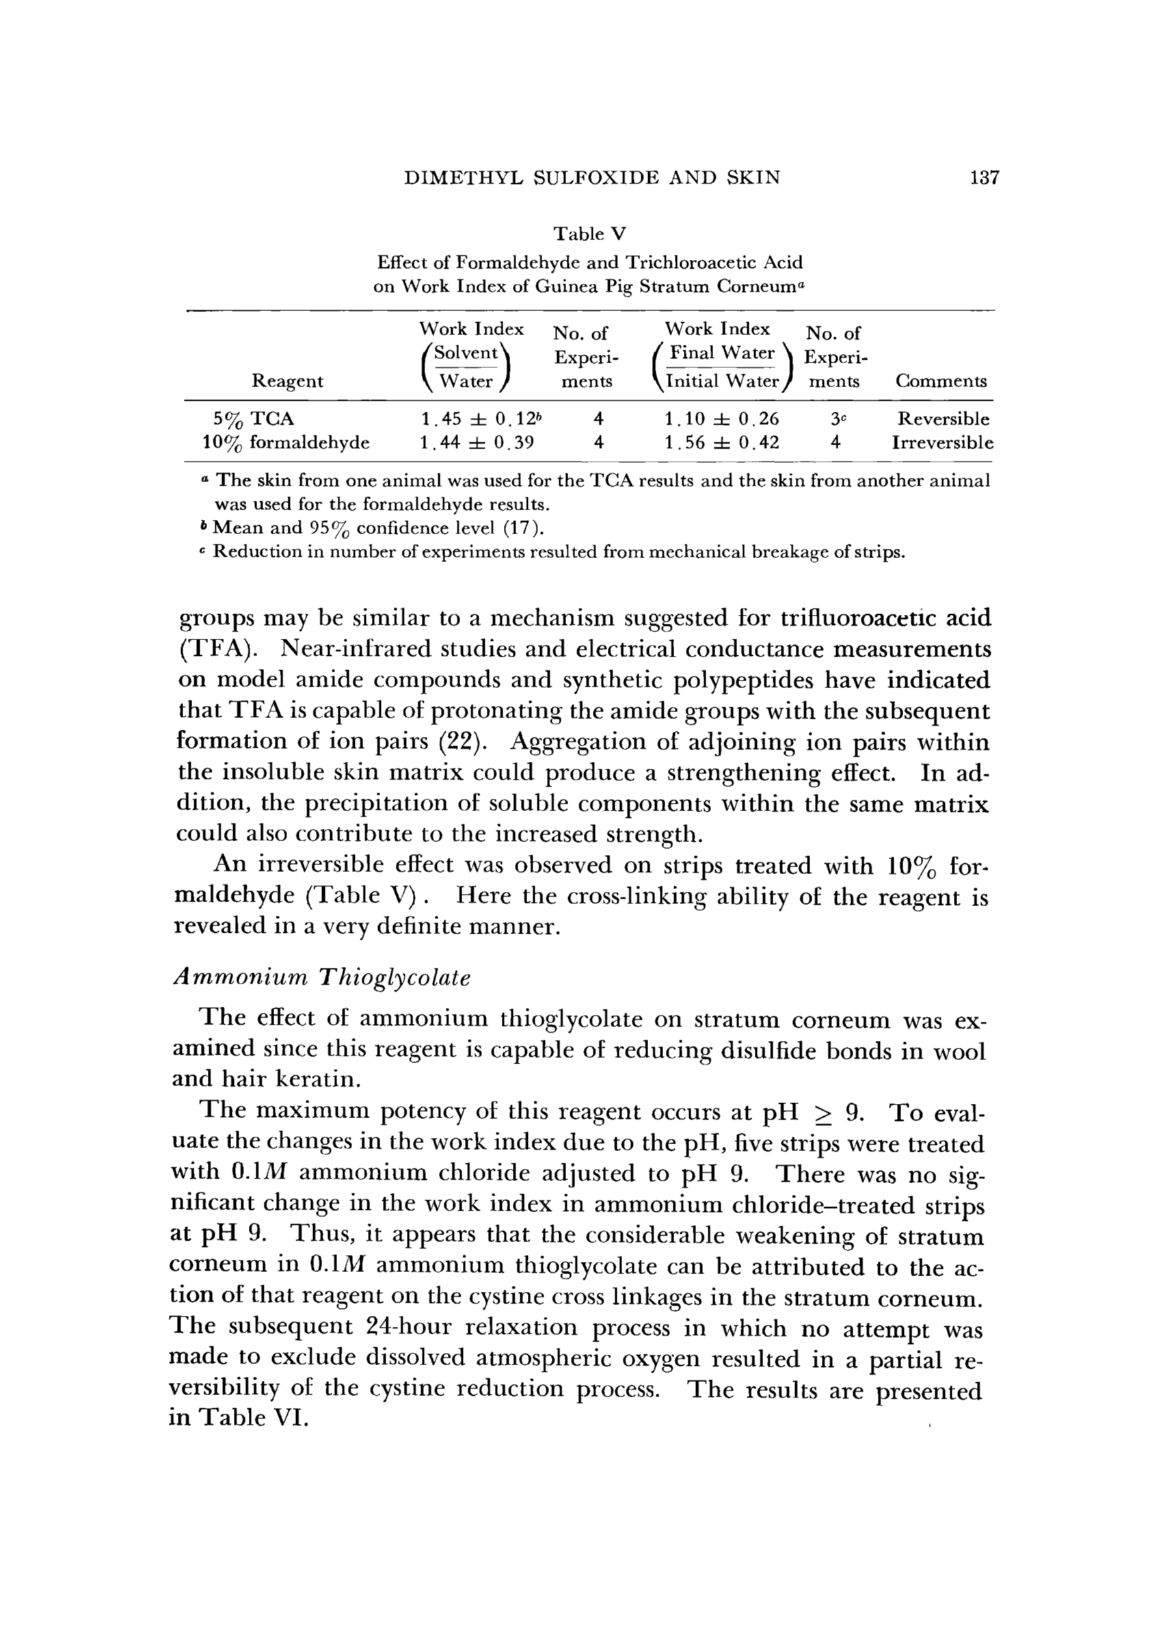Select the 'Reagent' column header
(287, 381)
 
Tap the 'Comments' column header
(941, 381)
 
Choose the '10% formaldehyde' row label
(286, 442)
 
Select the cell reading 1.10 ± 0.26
(722, 419)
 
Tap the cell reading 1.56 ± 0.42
(722, 442)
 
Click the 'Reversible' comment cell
(943, 419)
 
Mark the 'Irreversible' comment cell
(942, 442)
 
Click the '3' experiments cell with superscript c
(836, 419)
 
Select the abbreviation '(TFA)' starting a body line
(216, 650)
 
